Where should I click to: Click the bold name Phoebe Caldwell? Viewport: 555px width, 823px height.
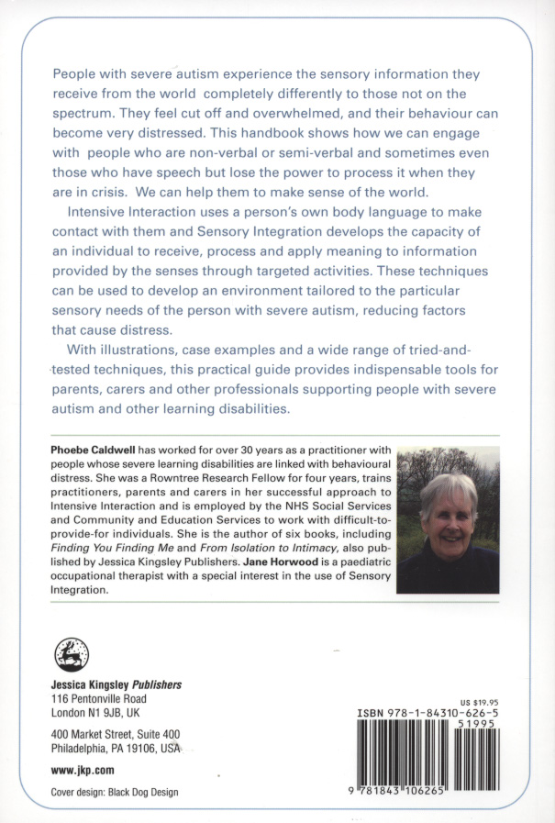point(91,450)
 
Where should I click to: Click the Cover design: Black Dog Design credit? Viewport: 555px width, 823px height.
point(115,792)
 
